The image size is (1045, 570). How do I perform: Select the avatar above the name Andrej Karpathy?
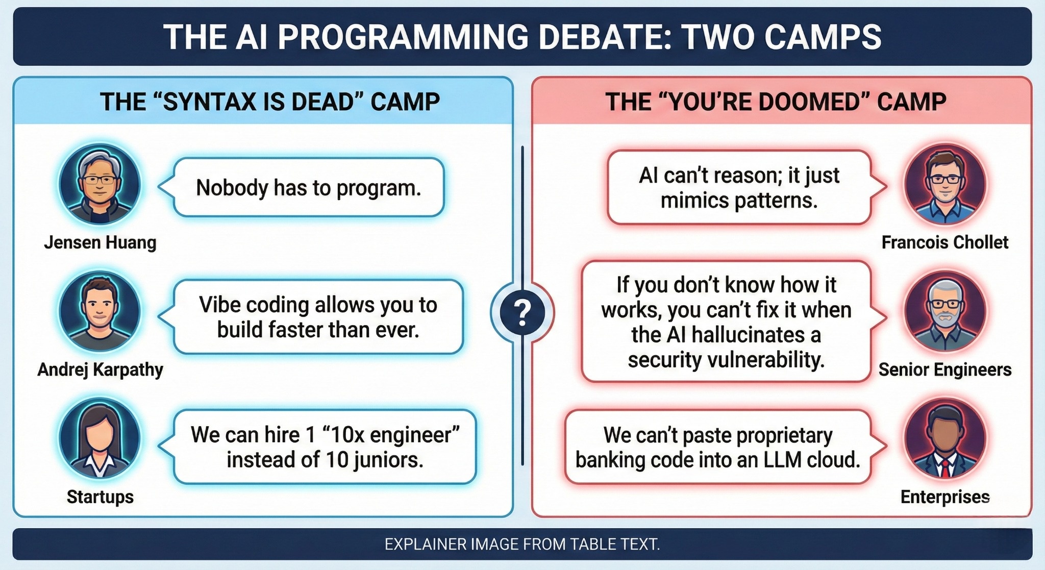99,311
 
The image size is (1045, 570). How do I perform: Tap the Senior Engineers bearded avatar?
945,311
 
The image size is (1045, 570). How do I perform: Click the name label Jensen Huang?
100,242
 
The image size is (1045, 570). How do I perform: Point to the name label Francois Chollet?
945,242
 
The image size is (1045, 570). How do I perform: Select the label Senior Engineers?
945,369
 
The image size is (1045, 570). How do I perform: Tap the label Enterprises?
945,497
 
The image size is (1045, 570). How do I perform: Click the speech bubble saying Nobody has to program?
309,187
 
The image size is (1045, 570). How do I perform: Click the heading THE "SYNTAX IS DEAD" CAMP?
270,102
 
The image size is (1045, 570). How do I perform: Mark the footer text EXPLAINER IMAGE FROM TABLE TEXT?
522,544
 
